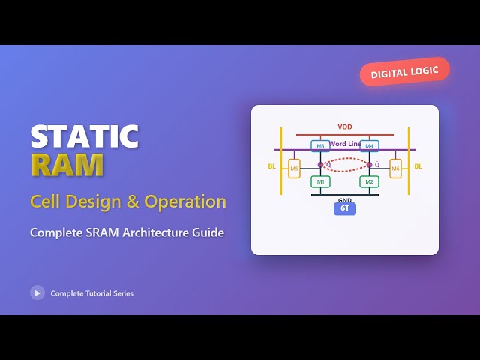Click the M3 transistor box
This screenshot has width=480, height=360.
click(x=320, y=146)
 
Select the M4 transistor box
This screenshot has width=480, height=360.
click(x=369, y=146)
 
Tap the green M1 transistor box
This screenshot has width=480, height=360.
click(x=320, y=181)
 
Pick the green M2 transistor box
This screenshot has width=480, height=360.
click(x=369, y=181)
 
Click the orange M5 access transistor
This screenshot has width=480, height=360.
click(x=295, y=169)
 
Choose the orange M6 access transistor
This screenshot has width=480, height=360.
click(x=395, y=169)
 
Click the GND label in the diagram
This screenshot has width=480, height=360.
click(x=345, y=200)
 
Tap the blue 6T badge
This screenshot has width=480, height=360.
click(x=345, y=209)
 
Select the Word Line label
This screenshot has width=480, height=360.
click(x=346, y=143)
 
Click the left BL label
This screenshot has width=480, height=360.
click(x=271, y=166)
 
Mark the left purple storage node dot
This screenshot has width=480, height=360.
click(x=320, y=164)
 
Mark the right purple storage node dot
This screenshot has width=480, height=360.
click(x=370, y=164)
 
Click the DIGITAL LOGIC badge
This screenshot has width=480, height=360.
click(x=405, y=71)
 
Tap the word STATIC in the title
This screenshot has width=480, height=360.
click(x=84, y=136)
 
